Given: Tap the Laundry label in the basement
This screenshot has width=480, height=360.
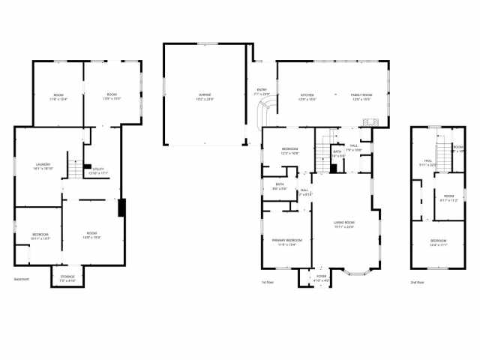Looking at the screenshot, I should pos(43,167).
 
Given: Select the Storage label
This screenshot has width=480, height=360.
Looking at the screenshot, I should pos(67,277).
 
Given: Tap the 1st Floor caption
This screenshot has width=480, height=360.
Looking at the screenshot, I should pos(266,282).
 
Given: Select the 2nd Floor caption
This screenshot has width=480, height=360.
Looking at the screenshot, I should pos(417,282).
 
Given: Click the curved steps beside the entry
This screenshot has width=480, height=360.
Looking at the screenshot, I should pos(264,115).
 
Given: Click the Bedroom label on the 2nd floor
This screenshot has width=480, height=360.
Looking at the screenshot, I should pos(439,242).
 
